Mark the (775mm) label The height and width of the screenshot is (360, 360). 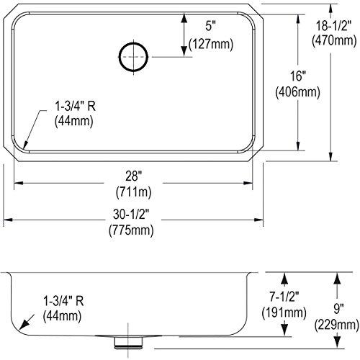pos(134,231)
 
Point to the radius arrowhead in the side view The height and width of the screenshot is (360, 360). pos(26,323)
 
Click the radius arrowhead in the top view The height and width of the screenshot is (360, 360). pos(24,145)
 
